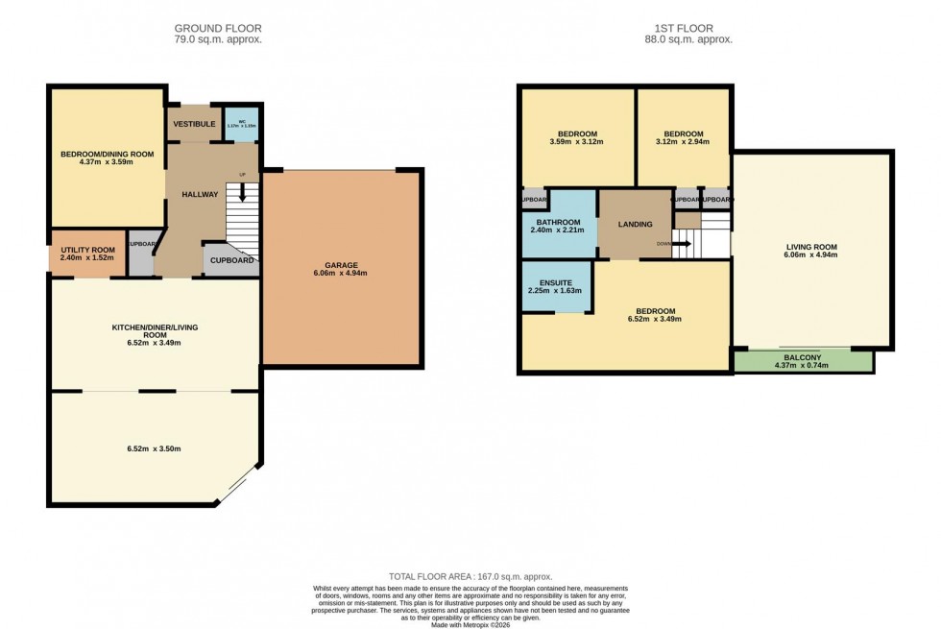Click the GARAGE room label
tap(341, 264)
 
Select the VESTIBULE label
tap(193, 124)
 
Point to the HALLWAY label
tap(200, 194)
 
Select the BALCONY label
tap(804, 356)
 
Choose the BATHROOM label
tap(557, 221)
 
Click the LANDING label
tap(635, 225)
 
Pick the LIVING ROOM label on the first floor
tap(811, 247)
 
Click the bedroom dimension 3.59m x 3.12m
tap(578, 142)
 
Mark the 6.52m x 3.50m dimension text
tap(155, 448)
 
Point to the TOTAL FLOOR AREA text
tap(470, 576)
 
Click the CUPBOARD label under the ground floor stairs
tap(231, 260)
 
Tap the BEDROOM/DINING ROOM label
tap(107, 154)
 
